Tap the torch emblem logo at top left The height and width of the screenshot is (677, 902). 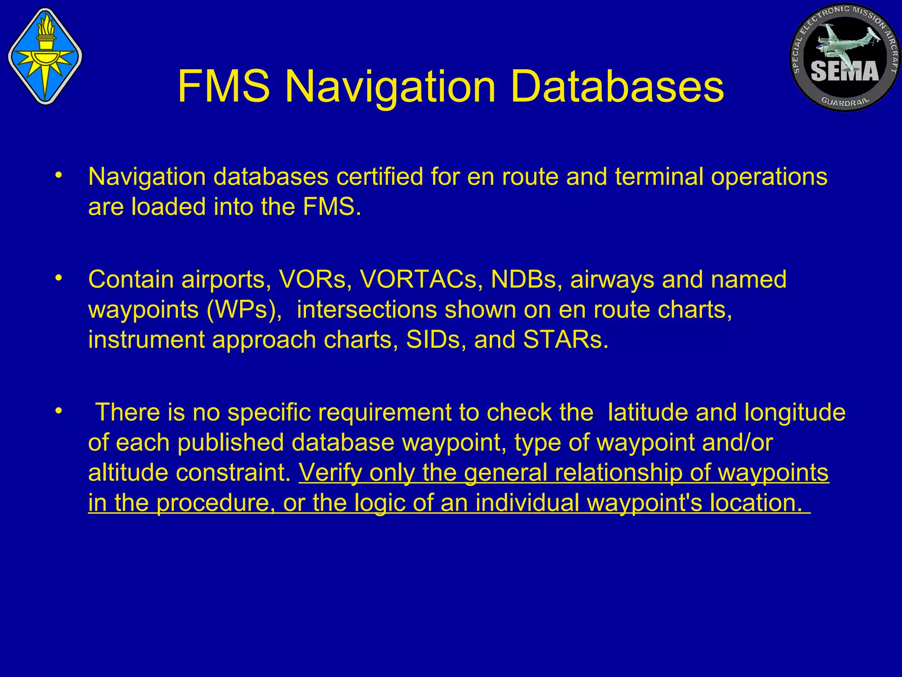pos(45,56)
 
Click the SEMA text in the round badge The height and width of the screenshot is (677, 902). pos(845,71)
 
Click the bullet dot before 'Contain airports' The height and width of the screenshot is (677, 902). pos(58,278)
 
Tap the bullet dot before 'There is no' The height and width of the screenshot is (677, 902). pos(58,411)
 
